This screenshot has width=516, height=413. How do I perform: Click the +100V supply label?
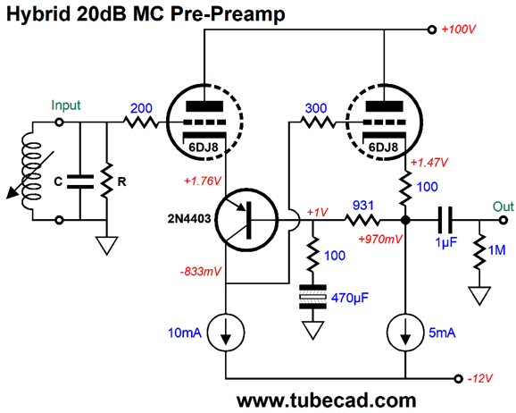click(458, 29)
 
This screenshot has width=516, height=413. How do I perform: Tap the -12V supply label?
click(479, 378)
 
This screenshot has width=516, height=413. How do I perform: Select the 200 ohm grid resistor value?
click(141, 108)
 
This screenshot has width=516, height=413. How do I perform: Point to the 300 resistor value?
click(316, 108)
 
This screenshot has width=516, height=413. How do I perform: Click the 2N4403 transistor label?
click(189, 218)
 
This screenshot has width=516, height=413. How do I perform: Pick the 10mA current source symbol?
click(226, 333)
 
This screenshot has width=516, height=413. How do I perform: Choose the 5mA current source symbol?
click(405, 333)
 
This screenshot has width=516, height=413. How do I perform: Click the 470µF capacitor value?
click(350, 298)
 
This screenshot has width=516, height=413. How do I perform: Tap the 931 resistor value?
click(363, 206)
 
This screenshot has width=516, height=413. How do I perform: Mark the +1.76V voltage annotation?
click(203, 181)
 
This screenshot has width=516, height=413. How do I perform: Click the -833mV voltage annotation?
click(201, 272)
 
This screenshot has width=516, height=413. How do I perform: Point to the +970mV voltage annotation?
click(380, 239)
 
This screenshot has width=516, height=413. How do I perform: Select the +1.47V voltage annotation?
click(429, 163)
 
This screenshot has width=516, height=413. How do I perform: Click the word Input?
click(66, 105)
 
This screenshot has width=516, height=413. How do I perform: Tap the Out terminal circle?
click(504, 220)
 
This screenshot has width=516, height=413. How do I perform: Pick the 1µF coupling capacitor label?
click(445, 242)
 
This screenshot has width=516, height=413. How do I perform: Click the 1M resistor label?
click(497, 250)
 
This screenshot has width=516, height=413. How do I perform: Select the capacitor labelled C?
click(80, 182)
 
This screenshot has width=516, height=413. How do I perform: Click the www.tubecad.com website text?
click(327, 400)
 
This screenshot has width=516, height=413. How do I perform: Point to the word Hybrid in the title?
click(38, 14)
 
